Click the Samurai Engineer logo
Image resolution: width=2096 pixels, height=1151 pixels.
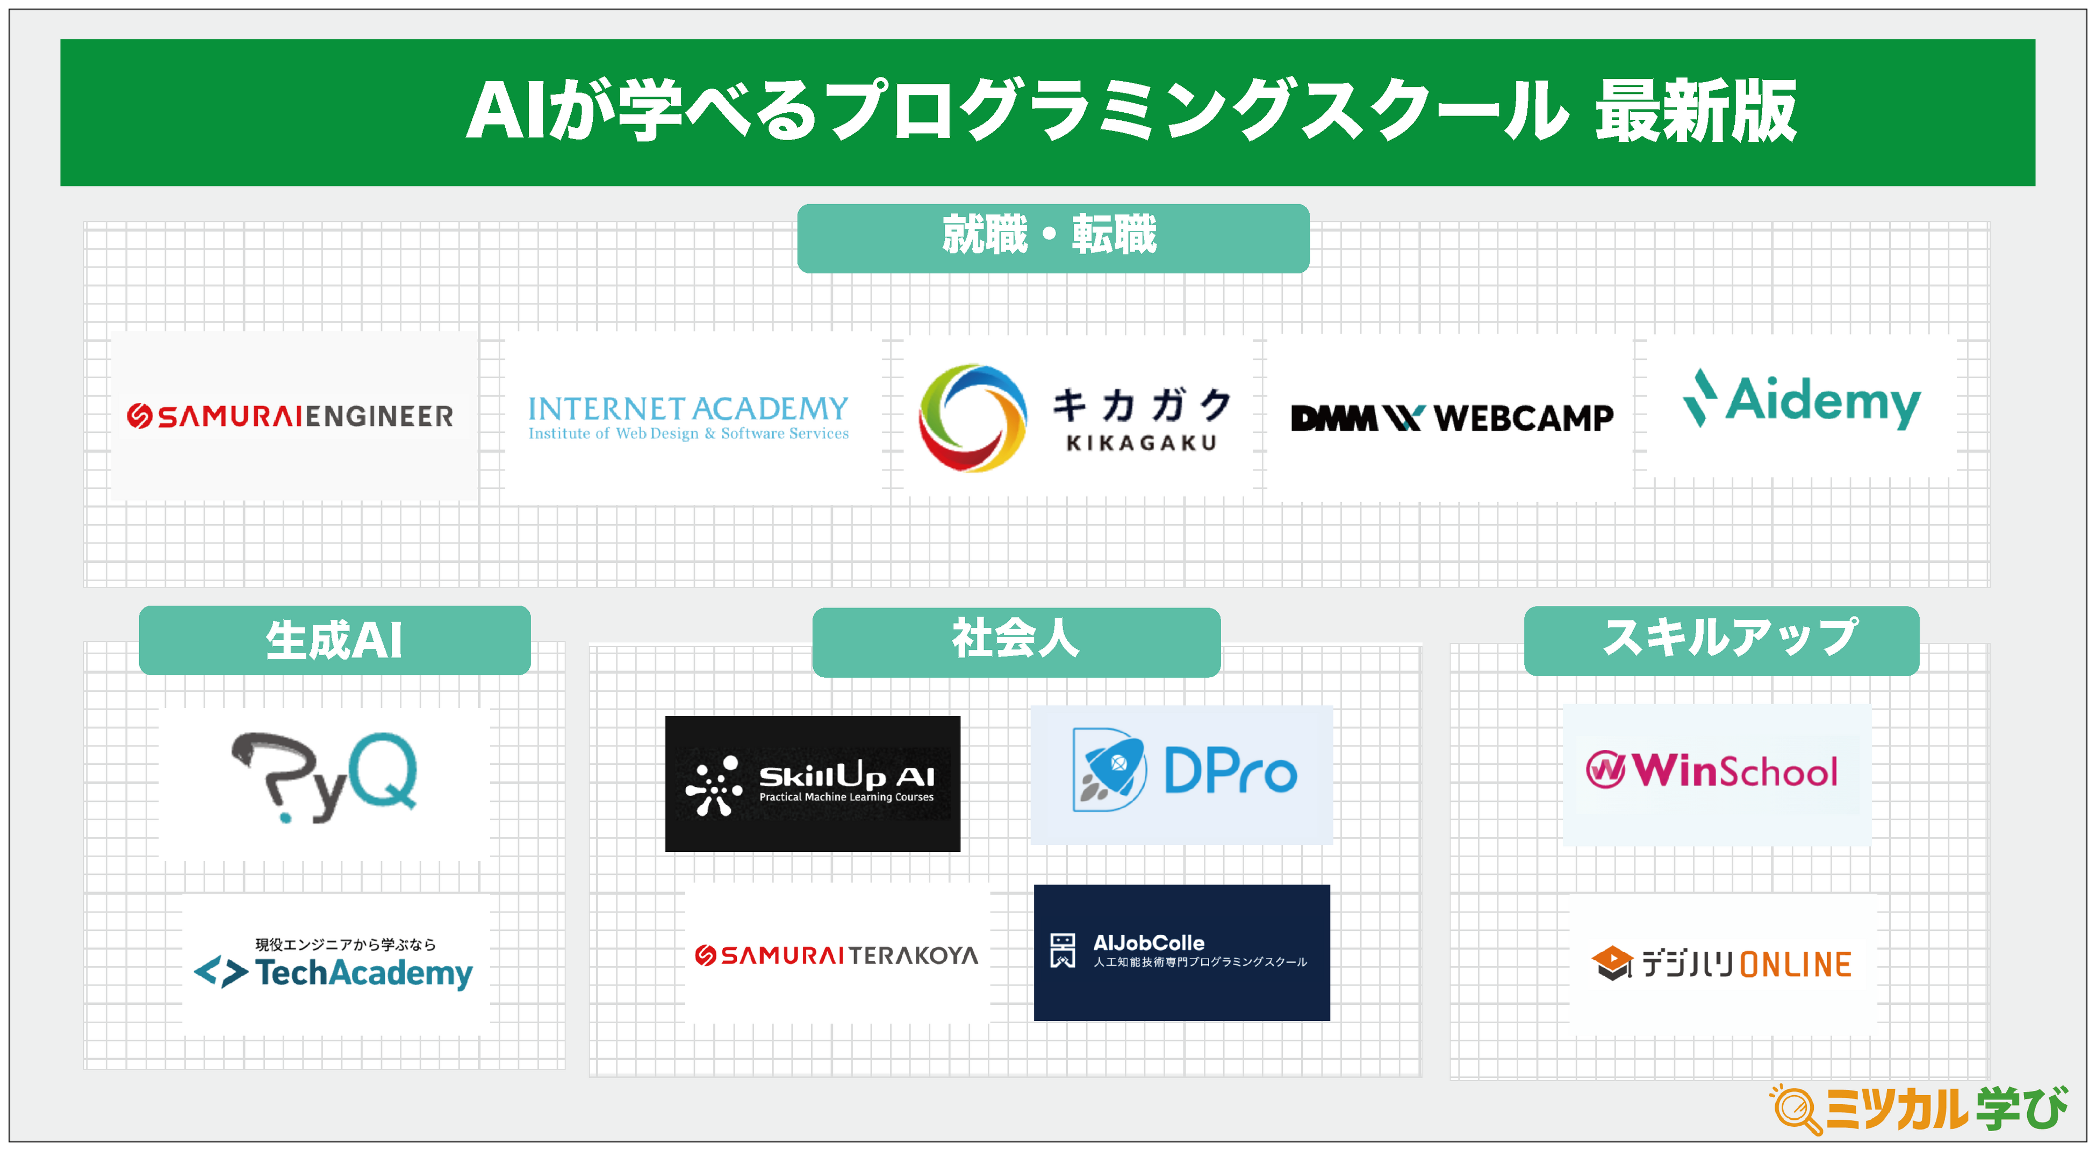click(290, 416)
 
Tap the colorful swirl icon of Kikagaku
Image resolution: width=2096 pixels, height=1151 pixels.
click(972, 417)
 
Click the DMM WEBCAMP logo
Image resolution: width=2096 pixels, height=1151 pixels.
click(1452, 418)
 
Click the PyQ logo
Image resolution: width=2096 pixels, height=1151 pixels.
click(326, 777)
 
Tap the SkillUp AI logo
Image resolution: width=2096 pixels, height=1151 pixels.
click(812, 784)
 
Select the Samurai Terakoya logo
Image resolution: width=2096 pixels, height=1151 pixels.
click(836, 955)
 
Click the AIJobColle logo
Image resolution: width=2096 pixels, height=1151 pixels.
click(1181, 952)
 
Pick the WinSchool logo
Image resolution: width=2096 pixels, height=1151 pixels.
click(1712, 770)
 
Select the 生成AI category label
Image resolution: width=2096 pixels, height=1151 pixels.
click(334, 640)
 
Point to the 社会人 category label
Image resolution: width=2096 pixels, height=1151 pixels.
click(1016, 640)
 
